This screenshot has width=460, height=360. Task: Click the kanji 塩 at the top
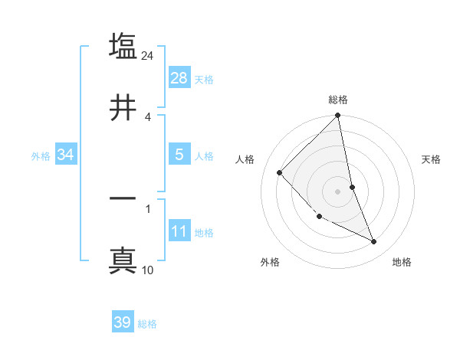coord(123,46)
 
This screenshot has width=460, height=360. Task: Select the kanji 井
coord(123,108)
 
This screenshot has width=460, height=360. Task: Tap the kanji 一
coord(123,198)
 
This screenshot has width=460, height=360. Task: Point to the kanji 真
coord(123,260)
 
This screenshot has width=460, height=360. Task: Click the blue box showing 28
coord(179,78)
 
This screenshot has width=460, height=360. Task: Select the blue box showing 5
coord(179,155)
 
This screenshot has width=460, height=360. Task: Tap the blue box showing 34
coord(66,155)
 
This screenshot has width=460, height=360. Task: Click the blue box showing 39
coord(123,322)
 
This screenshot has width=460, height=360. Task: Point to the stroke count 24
coord(148,56)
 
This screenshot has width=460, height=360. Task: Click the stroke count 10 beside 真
coord(148,270)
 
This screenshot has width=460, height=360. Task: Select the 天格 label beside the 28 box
coord(204,80)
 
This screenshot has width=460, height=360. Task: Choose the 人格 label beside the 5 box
coord(204,156)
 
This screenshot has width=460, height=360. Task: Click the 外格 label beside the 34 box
coord(41,156)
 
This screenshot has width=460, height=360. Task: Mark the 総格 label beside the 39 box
coord(147,324)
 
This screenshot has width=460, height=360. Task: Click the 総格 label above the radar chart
coord(338,100)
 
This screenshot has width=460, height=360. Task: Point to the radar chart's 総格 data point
coord(338,116)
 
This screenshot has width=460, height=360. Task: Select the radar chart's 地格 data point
coord(374,242)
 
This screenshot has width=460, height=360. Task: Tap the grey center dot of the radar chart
coord(337,191)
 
